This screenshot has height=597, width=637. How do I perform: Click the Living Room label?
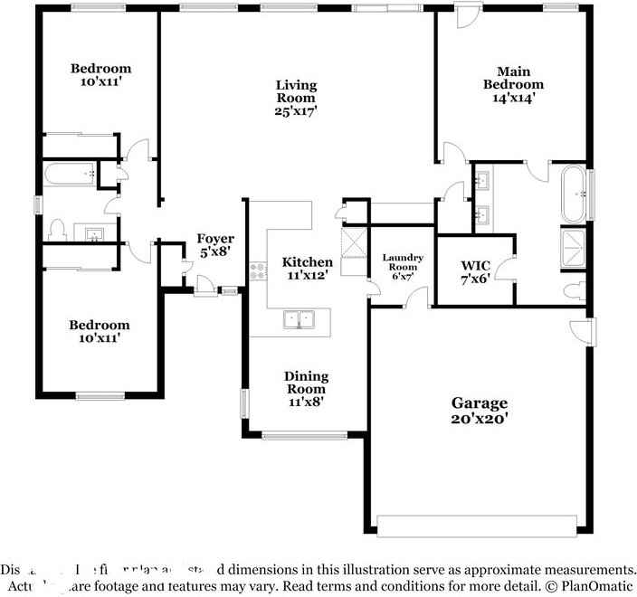296,98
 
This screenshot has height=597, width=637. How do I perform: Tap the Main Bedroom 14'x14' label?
519,84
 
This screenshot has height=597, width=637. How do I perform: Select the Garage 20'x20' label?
480,411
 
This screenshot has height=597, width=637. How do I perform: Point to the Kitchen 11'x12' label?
302,267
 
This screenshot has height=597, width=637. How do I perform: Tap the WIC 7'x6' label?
475,273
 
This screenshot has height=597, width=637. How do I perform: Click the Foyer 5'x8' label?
215,246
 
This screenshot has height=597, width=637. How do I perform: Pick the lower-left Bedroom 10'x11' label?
100,332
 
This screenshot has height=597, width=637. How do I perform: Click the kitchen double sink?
299,319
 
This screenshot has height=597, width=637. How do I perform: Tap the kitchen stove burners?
259,268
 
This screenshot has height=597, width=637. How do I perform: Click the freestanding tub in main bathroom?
574,193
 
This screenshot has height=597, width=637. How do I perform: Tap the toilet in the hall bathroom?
56,230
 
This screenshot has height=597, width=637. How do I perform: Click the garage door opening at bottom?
476,526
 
